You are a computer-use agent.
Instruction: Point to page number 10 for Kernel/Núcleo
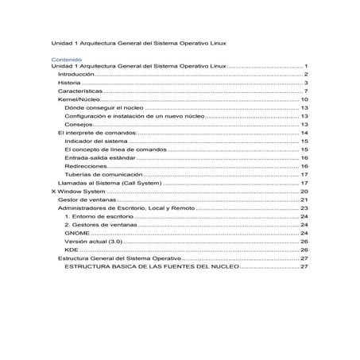click(x=304, y=100)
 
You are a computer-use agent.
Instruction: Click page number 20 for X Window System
click(x=304, y=192)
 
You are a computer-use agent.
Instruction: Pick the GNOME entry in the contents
click(x=77, y=234)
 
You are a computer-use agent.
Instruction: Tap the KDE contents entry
click(x=72, y=250)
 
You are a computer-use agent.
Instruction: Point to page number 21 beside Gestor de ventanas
click(x=304, y=200)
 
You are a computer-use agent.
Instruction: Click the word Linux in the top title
click(x=214, y=41)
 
